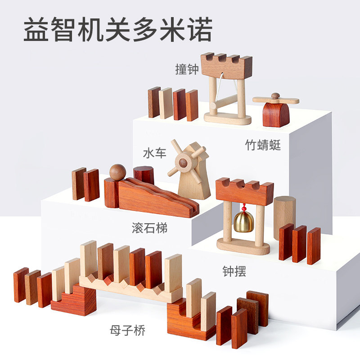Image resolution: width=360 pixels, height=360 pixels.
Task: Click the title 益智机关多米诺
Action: pyautogui.click(x=117, y=29)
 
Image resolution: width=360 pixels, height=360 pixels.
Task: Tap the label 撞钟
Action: pyautogui.click(x=187, y=69)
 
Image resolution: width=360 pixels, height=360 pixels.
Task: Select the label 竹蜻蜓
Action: pyautogui.click(x=263, y=145)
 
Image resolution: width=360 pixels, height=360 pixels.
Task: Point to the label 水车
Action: pyautogui.click(x=154, y=153)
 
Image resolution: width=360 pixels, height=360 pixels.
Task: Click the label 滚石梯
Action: pyautogui.click(x=149, y=228)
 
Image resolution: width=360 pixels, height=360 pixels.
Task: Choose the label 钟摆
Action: pyautogui.click(x=234, y=271)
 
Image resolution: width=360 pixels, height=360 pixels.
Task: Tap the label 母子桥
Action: pyautogui.click(x=127, y=331)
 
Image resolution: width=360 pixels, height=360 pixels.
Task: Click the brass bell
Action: pyautogui.click(x=244, y=221)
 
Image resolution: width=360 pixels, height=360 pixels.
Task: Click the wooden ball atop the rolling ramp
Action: pyautogui.click(x=117, y=172)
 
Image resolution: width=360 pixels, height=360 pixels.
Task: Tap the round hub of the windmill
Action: pyautogui.click(x=183, y=163)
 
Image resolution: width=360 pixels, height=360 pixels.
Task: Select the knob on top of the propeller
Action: pyautogui.click(x=275, y=96)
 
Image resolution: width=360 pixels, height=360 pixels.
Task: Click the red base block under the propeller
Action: pyautogui.click(x=276, y=115)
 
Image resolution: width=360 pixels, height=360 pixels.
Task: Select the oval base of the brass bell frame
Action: pyautogui.click(x=243, y=247)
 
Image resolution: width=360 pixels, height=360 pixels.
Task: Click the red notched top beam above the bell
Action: pyautogui.click(x=244, y=191)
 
